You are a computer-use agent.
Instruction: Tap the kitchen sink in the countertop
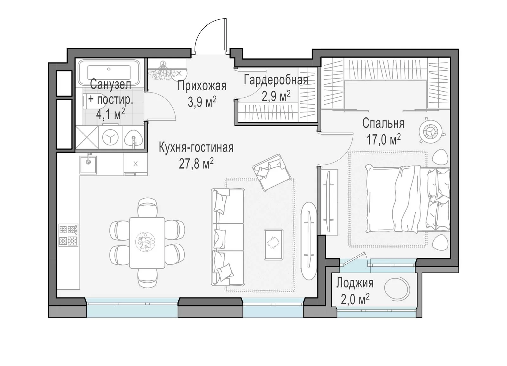tap(88, 164)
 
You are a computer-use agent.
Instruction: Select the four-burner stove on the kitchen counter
tap(68, 235)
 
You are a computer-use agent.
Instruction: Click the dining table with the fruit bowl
tap(147, 243)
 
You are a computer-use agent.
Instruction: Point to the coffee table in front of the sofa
tap(273, 244)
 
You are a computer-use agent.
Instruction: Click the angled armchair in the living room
tap(272, 172)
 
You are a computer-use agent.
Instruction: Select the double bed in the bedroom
tap(407, 198)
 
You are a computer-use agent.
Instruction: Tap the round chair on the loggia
tap(397, 288)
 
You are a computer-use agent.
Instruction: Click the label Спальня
tap(383, 124)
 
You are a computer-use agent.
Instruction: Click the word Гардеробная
tap(276, 80)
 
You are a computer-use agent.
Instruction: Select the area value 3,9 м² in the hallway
tap(202, 102)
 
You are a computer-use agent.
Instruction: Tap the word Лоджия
tap(355, 283)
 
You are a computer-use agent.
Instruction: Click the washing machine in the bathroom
tap(111, 138)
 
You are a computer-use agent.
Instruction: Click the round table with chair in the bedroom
tap(431, 131)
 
